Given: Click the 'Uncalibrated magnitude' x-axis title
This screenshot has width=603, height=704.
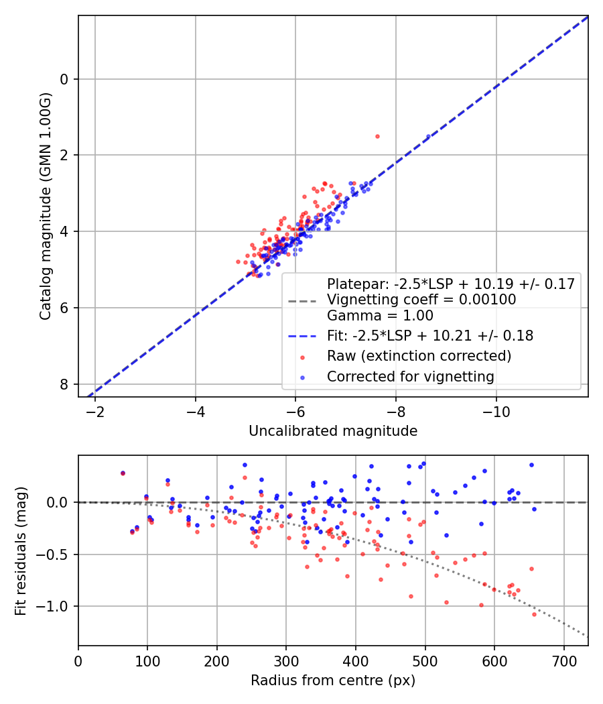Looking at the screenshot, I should pyautogui.click(x=333, y=431).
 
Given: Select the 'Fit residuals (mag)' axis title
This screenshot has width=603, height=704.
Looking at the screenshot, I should pyautogui.click(x=20, y=550).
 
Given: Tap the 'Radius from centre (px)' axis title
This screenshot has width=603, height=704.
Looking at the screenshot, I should pyautogui.click(x=333, y=681).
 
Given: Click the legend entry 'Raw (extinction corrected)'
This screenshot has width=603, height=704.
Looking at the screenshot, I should pyautogui.click(x=419, y=355).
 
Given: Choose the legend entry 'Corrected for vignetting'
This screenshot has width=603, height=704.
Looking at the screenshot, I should pyautogui.click(x=410, y=377).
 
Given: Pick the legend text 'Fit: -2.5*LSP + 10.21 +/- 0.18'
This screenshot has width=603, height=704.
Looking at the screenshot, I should pyautogui.click(x=429, y=335).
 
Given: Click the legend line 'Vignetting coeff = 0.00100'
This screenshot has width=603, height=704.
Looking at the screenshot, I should pyautogui.click(x=421, y=300).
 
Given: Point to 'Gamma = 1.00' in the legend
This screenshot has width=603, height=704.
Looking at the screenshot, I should pyautogui.click(x=380, y=316).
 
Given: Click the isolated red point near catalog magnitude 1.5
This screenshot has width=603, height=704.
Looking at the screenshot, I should pyautogui.click(x=377, y=136).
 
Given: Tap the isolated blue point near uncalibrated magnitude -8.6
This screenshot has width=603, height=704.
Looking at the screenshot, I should pyautogui.click(x=428, y=136).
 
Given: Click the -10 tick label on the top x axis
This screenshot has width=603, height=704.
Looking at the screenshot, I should pyautogui.click(x=496, y=411).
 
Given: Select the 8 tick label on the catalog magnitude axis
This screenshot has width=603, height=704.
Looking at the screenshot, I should pyautogui.click(x=64, y=384).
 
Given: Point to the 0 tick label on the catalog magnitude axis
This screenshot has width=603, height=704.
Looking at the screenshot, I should pyautogui.click(x=64, y=79).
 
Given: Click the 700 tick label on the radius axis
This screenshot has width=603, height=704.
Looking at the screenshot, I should pyautogui.click(x=563, y=660).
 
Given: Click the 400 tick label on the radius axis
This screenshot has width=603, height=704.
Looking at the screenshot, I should pyautogui.click(x=356, y=660).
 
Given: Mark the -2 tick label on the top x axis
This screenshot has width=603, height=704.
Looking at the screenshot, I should pyautogui.click(x=95, y=411).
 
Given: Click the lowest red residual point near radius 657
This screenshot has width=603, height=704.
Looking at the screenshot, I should pyautogui.click(x=534, y=614).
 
